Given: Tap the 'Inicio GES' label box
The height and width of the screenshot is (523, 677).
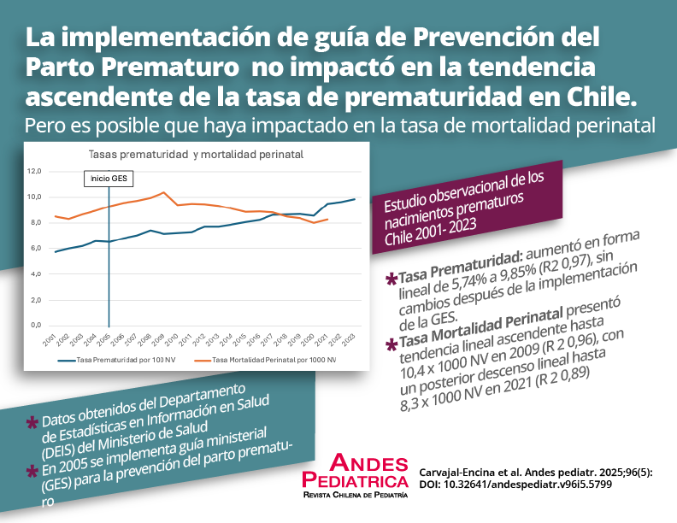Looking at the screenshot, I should pos(108,179).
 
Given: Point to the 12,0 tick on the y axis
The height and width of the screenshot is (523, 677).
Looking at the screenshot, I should pos(34,171).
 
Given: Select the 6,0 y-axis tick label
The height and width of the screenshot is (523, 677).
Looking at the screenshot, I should pos(34,248).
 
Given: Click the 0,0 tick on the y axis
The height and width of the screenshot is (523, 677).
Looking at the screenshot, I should pos(34,325).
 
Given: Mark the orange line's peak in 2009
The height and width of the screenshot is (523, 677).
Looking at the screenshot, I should pos(164,192).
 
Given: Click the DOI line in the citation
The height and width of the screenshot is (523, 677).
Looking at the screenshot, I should pos(515,484).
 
